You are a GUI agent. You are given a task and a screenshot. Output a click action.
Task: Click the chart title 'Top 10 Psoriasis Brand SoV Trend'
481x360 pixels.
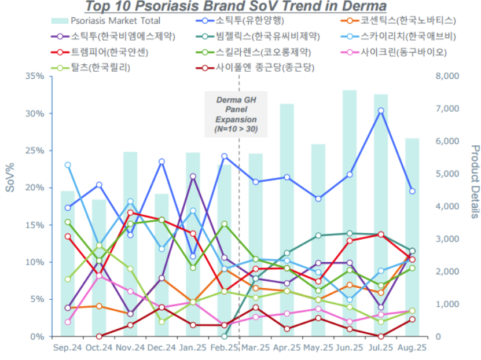236,7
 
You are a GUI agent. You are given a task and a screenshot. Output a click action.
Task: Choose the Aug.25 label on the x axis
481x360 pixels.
412,348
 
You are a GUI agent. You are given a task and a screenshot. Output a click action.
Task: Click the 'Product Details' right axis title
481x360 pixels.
474,182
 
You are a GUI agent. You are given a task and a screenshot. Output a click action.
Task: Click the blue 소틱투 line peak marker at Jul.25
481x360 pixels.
380,111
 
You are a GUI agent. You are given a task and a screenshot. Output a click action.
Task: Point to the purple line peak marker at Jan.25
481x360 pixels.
193,177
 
